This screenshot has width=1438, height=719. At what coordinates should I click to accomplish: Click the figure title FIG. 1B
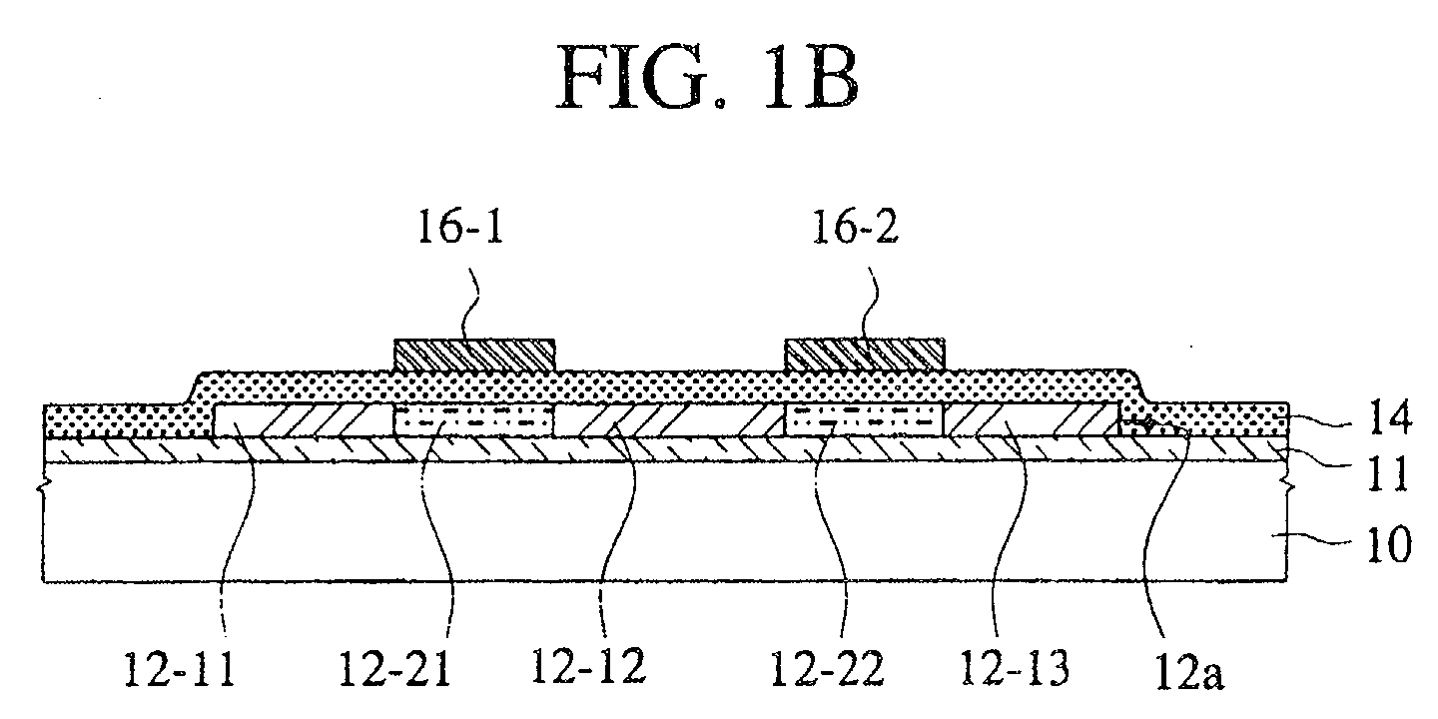tap(707, 78)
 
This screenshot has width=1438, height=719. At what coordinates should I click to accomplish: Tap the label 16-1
tap(460, 227)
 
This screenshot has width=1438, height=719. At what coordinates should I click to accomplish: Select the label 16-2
tap(855, 227)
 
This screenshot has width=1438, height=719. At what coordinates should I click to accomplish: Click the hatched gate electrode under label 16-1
tap(473, 356)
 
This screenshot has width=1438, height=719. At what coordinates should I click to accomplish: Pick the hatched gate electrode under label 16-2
tap(865, 355)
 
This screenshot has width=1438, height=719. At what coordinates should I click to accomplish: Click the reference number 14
tap(1389, 417)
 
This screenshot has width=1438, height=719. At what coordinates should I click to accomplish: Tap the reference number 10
tap(1389, 544)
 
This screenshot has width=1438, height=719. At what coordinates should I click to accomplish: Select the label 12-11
tap(179, 669)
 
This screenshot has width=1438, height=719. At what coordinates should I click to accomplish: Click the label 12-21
tap(394, 669)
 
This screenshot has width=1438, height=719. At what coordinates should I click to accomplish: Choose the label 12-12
tap(588, 666)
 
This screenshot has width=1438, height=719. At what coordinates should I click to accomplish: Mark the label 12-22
tap(827, 669)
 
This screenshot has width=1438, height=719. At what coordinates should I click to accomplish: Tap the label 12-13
tap(1015, 668)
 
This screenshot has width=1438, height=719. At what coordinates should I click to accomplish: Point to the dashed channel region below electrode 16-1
tap(473, 419)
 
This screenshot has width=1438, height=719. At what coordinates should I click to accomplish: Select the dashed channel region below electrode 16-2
tap(865, 419)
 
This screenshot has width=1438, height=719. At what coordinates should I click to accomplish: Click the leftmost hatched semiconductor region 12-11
tap(302, 419)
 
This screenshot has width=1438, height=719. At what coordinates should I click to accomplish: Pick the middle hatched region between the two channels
tap(670, 419)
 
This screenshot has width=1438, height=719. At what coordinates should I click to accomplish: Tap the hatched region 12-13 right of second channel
tap(1032, 419)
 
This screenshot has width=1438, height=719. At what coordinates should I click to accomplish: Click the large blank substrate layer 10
tap(664, 521)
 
